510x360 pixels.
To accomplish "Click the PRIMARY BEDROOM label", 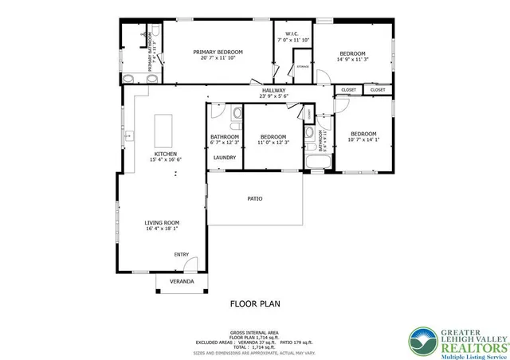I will [218, 52].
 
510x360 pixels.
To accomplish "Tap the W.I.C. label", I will [292, 33].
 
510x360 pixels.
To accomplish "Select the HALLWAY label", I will [273, 90].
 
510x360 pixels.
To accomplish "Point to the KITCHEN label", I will [166, 154].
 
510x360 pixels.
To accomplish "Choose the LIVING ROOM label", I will [162, 223].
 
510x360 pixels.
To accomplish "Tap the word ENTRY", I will [182, 255].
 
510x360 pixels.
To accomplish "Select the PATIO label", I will [255, 198].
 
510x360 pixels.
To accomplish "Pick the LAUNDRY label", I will [224, 157].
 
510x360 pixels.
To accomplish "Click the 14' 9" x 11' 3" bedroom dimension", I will [354, 58].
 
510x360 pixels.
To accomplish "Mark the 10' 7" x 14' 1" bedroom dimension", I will [363, 139].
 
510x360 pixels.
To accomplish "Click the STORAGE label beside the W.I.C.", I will [303, 67].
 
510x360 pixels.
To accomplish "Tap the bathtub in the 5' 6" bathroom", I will [316, 163].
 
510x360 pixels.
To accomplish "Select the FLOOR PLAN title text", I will [255, 303].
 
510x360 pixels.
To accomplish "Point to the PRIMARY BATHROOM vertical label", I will [149, 56].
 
